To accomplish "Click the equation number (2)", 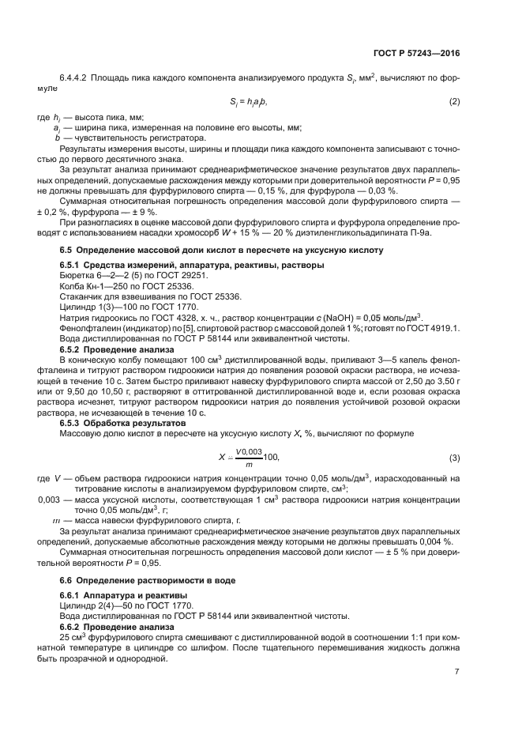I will (x=454, y=102).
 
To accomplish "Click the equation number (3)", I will (x=454, y=458).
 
